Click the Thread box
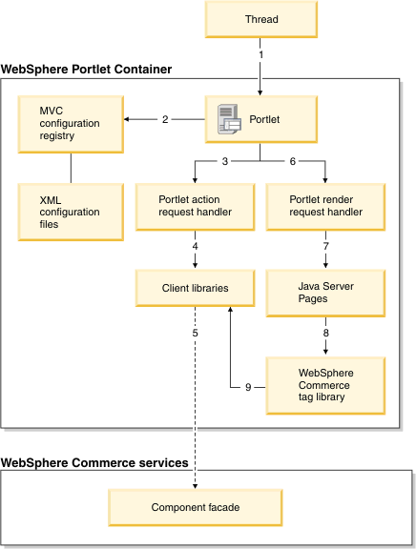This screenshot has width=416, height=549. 261,19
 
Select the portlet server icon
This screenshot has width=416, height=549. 229,119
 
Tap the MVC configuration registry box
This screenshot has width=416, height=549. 71,124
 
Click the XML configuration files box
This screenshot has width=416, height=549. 71,212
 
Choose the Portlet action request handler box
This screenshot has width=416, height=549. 196,207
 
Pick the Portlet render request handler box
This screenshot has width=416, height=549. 325,207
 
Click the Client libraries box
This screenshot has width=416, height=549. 196,288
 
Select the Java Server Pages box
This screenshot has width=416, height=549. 325,293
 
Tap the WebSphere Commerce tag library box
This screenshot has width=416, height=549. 325,385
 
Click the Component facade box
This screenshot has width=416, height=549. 196,507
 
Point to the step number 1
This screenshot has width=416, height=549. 260,54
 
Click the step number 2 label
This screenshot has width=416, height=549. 165,119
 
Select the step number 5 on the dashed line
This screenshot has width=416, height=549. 196,333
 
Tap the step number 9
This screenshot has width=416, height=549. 248,387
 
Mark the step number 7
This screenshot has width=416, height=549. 326,246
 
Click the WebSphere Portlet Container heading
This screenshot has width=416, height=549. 86,69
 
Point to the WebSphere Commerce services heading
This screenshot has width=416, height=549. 94,463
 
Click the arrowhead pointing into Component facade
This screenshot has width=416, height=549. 196,486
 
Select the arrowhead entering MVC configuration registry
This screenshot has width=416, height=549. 127,119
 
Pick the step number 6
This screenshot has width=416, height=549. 293,161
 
